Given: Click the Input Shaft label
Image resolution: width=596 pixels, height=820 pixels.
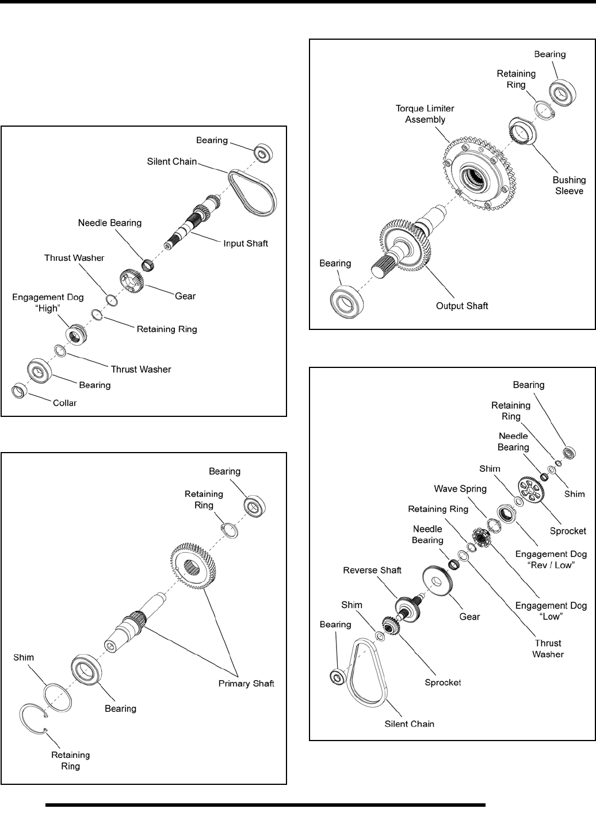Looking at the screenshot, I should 246,244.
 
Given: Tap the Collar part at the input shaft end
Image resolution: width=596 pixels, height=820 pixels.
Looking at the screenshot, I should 18,391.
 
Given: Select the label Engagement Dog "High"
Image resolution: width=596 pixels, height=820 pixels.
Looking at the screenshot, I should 48,303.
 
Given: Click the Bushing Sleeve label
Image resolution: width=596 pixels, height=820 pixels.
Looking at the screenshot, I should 569,185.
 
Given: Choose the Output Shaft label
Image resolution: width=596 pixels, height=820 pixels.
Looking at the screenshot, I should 461,306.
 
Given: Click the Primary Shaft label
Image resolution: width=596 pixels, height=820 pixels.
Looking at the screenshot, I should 246,684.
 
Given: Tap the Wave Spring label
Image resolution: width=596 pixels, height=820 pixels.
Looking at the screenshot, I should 461,489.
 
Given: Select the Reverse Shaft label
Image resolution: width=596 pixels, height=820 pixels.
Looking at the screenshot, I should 372,570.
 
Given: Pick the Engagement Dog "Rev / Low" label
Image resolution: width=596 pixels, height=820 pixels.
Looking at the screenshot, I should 551,560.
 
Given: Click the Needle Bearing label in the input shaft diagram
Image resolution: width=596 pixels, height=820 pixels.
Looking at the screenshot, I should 109,223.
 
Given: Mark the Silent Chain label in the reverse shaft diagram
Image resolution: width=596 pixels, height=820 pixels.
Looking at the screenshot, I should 409,724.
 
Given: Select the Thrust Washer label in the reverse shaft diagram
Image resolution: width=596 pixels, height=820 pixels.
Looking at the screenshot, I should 548,648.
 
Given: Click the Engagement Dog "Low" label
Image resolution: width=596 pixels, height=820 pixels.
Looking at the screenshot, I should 551,611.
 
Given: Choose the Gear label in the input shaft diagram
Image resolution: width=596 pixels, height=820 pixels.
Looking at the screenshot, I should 185,296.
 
